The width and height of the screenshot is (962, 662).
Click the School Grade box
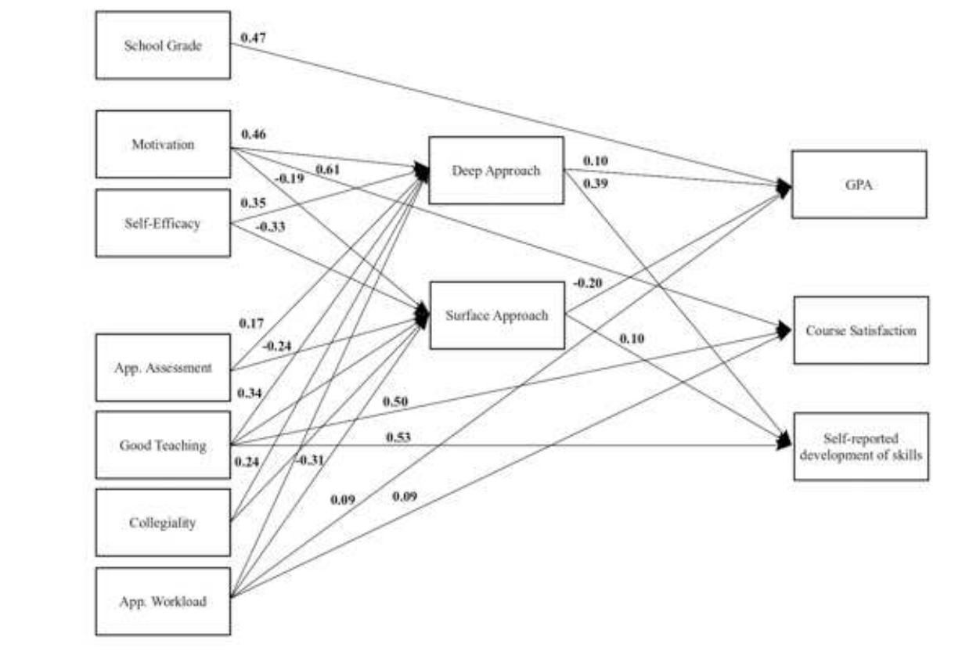point(163,45)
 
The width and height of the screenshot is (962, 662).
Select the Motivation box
point(163,145)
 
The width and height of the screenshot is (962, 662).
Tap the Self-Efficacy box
point(163,223)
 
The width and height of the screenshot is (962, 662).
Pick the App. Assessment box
point(163,368)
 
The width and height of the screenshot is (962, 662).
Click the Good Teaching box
point(163,445)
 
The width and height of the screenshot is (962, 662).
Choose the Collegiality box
point(163,523)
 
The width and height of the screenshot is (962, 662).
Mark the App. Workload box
point(163,601)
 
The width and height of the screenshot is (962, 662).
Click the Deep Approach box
point(496,171)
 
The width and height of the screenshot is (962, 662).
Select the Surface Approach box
point(497,315)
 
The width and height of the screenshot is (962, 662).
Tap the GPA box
point(859,185)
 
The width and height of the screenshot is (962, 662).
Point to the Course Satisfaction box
point(861,330)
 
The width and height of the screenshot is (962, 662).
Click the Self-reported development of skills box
point(861,446)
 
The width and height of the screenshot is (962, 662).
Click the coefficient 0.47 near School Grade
point(254,37)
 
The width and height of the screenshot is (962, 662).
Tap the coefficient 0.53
point(398,436)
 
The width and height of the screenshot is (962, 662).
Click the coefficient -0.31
point(310,459)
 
